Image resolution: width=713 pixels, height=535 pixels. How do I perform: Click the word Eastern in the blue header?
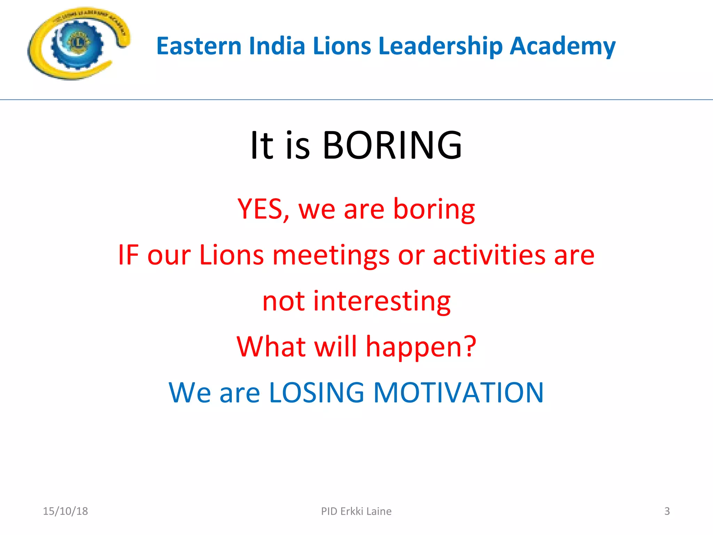[x=199, y=46]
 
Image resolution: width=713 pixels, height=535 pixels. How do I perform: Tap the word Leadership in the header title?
[x=440, y=47]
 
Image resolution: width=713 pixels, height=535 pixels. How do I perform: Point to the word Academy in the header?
[x=562, y=47]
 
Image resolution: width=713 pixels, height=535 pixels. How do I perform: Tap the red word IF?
[x=128, y=255]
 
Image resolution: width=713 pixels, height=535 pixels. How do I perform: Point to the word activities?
[x=489, y=255]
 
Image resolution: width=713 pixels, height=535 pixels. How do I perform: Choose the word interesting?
[x=382, y=302]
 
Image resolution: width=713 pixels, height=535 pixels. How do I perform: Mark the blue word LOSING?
[x=317, y=393]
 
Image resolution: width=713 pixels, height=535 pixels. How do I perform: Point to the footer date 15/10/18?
[x=65, y=511]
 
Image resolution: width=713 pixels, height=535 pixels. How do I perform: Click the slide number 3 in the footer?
[x=667, y=511]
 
